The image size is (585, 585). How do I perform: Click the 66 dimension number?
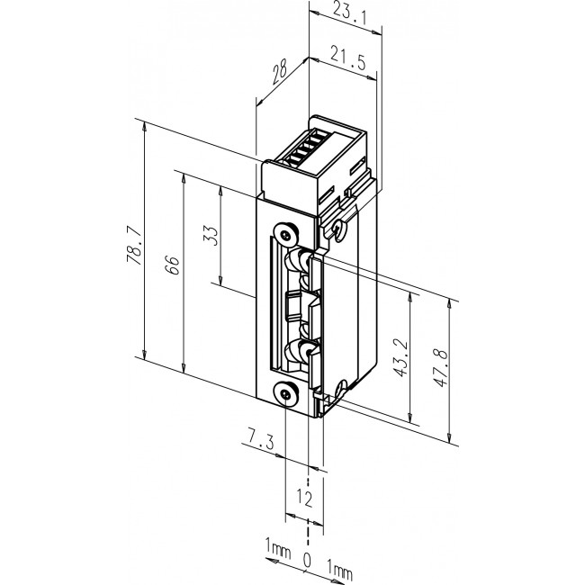click(x=173, y=264)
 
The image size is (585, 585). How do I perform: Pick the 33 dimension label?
click(x=210, y=236)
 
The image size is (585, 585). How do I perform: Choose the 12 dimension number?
click(x=304, y=499)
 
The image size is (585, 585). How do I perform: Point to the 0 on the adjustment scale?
click(x=307, y=562)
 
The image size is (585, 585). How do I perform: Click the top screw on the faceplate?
click(x=284, y=233)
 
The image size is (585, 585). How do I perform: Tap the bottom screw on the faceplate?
click(x=285, y=392)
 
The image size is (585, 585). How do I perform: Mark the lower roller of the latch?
click(x=298, y=351)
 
